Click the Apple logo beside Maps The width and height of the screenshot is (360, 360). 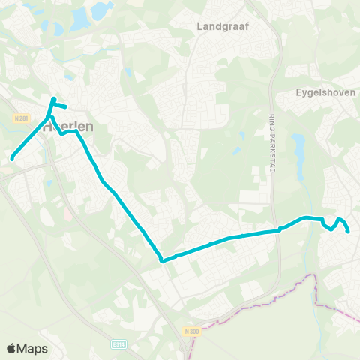coord(11,348)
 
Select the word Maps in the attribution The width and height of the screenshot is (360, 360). coord(32,348)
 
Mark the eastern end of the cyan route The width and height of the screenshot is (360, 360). coord(349,232)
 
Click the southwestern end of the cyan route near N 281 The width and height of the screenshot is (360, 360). coord(12,157)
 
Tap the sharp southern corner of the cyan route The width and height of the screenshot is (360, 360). coord(162,261)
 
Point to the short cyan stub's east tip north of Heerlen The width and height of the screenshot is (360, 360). coord(67,107)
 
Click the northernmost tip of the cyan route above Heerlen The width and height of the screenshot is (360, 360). coord(53,99)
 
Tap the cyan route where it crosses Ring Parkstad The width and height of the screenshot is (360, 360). coord(277,229)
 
